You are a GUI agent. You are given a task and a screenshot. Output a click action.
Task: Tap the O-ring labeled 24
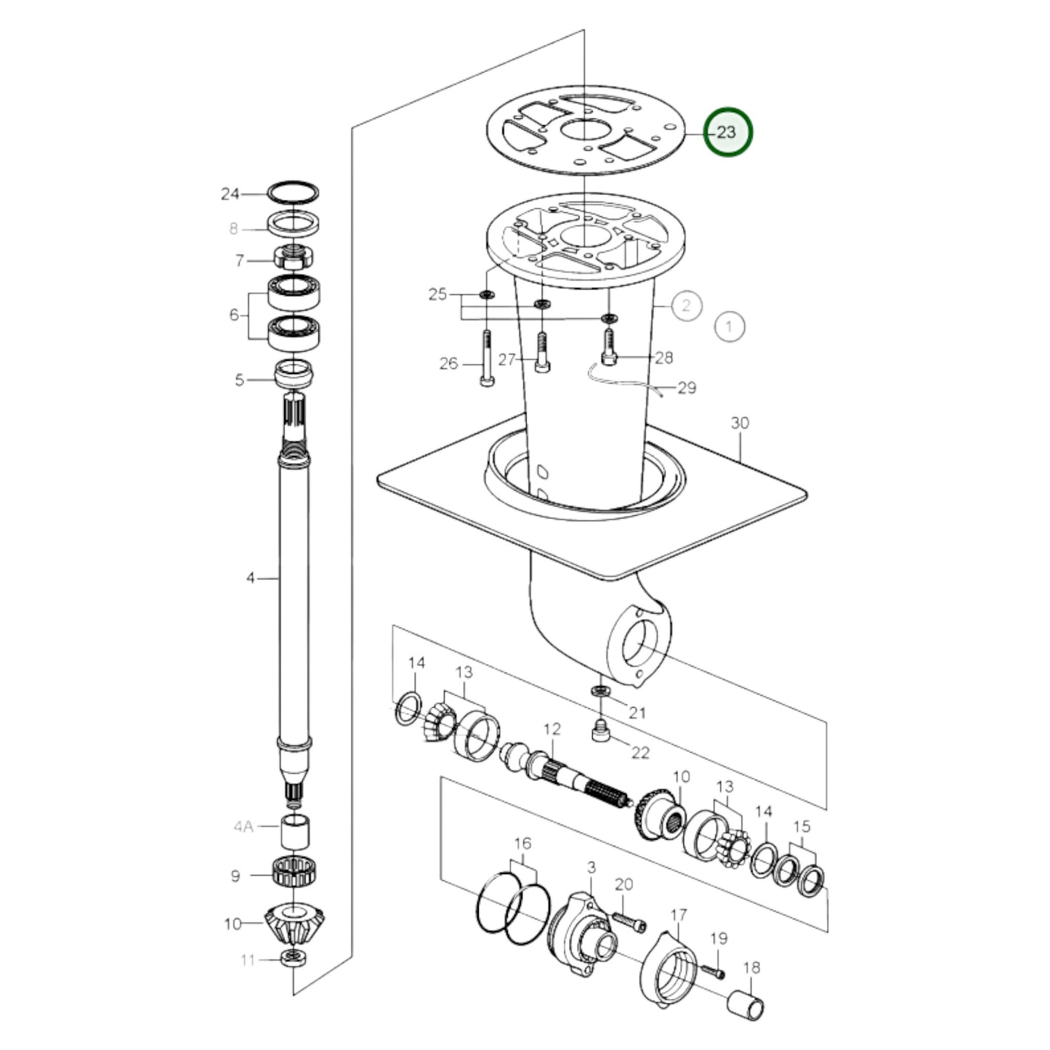(x=293, y=193)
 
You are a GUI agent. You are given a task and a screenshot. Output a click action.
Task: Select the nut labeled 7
(x=294, y=258)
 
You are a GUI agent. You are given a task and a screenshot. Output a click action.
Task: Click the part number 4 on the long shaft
(x=250, y=578)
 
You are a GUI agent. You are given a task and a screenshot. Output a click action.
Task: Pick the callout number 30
(x=739, y=423)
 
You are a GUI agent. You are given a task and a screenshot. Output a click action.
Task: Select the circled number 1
(x=730, y=326)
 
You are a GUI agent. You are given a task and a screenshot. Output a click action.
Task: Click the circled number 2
(x=687, y=305)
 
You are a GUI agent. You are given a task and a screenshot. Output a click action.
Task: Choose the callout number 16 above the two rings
(x=522, y=844)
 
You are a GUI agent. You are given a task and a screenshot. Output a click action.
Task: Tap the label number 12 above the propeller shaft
(x=552, y=729)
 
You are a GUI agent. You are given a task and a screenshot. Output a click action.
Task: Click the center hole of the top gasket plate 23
(x=584, y=131)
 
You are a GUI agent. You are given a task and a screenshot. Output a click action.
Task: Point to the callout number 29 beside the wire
(x=687, y=387)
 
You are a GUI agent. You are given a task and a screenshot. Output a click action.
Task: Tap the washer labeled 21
(x=600, y=689)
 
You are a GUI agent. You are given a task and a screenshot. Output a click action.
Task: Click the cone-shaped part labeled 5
(x=294, y=376)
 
